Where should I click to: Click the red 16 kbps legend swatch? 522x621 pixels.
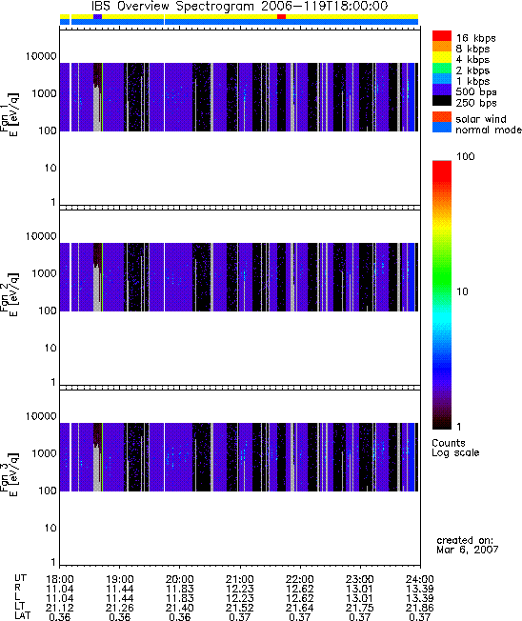(x=442, y=35)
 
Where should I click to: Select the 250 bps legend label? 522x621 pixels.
(x=476, y=103)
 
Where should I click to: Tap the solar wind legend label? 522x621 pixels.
(x=481, y=119)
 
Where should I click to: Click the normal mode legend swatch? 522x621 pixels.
(x=442, y=128)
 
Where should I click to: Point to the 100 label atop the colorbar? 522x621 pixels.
(x=466, y=156)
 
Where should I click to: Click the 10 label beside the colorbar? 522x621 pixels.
(x=463, y=291)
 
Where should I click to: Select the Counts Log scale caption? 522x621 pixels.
(x=455, y=448)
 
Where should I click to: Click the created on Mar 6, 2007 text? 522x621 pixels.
(x=468, y=545)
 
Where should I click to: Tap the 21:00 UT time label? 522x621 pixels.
(x=240, y=579)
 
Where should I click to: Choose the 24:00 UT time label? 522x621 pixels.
(x=420, y=579)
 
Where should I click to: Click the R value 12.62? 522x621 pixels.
(x=300, y=589)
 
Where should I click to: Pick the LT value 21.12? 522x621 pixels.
(x=59, y=608)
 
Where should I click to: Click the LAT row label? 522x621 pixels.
(x=22, y=616)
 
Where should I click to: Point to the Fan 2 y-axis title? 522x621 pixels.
(x=10, y=294)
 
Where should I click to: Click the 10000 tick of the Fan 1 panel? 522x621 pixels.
(x=42, y=56)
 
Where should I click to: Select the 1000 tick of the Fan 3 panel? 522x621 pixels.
(x=45, y=453)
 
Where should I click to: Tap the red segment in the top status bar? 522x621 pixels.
(x=281, y=16)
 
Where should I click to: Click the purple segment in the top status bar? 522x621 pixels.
(x=97, y=16)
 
